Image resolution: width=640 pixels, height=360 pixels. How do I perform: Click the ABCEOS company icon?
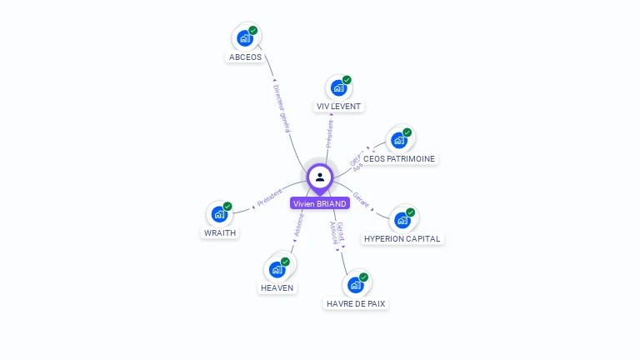click(x=245, y=37)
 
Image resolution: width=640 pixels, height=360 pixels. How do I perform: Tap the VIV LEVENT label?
click(x=339, y=107)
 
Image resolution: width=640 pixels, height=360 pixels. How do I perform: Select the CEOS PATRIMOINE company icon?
click(x=399, y=140)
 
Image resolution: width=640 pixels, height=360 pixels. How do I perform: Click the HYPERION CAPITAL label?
click(x=402, y=238)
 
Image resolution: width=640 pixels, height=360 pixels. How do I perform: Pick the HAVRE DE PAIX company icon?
click(x=356, y=285)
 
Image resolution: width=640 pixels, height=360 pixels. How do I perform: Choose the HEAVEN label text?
click(x=277, y=287)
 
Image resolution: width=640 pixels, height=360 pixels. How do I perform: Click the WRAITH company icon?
click(x=219, y=214)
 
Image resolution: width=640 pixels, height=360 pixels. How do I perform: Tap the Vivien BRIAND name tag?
click(x=319, y=203)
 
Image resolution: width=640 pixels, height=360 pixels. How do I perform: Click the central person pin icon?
click(x=319, y=177)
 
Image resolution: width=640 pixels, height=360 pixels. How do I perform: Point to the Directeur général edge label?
click(x=282, y=107)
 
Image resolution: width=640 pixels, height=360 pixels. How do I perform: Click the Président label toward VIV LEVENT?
click(x=330, y=133)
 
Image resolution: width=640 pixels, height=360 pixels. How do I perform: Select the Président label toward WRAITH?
click(x=268, y=198)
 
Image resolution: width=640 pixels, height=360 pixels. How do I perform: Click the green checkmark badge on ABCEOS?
click(x=252, y=31)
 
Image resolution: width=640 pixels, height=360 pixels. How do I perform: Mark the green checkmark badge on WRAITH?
click(x=227, y=207)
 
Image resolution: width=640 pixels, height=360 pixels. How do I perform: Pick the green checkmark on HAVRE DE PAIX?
click(x=363, y=277)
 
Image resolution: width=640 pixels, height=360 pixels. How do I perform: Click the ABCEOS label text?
click(x=245, y=57)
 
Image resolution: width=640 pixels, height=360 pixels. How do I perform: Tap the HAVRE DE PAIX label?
click(x=356, y=304)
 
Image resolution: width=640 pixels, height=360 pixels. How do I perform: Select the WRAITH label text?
click(x=220, y=233)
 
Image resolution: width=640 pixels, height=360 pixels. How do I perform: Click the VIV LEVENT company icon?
click(x=338, y=87)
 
